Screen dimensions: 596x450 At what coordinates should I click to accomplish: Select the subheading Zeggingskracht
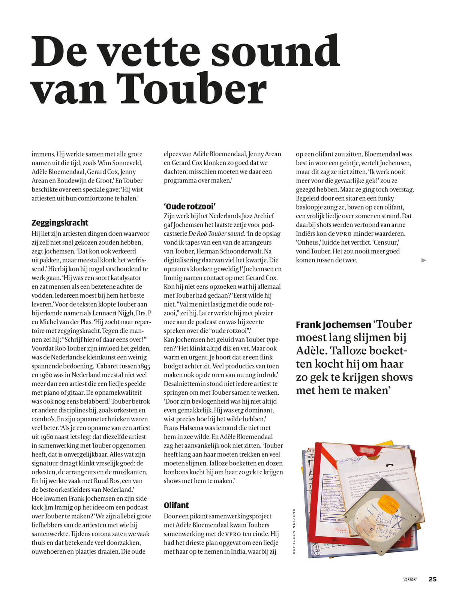tap(60, 223)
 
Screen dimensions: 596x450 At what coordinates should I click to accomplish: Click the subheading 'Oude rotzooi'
tap(190, 206)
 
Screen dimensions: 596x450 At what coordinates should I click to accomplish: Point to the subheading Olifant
tap(176, 505)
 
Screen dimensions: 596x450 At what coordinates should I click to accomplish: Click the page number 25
tap(432, 579)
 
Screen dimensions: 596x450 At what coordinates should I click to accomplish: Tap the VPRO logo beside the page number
tap(410, 580)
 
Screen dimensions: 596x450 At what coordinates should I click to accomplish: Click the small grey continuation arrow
tap(424, 260)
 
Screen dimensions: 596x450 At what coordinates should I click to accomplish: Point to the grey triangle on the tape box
tap(381, 486)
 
